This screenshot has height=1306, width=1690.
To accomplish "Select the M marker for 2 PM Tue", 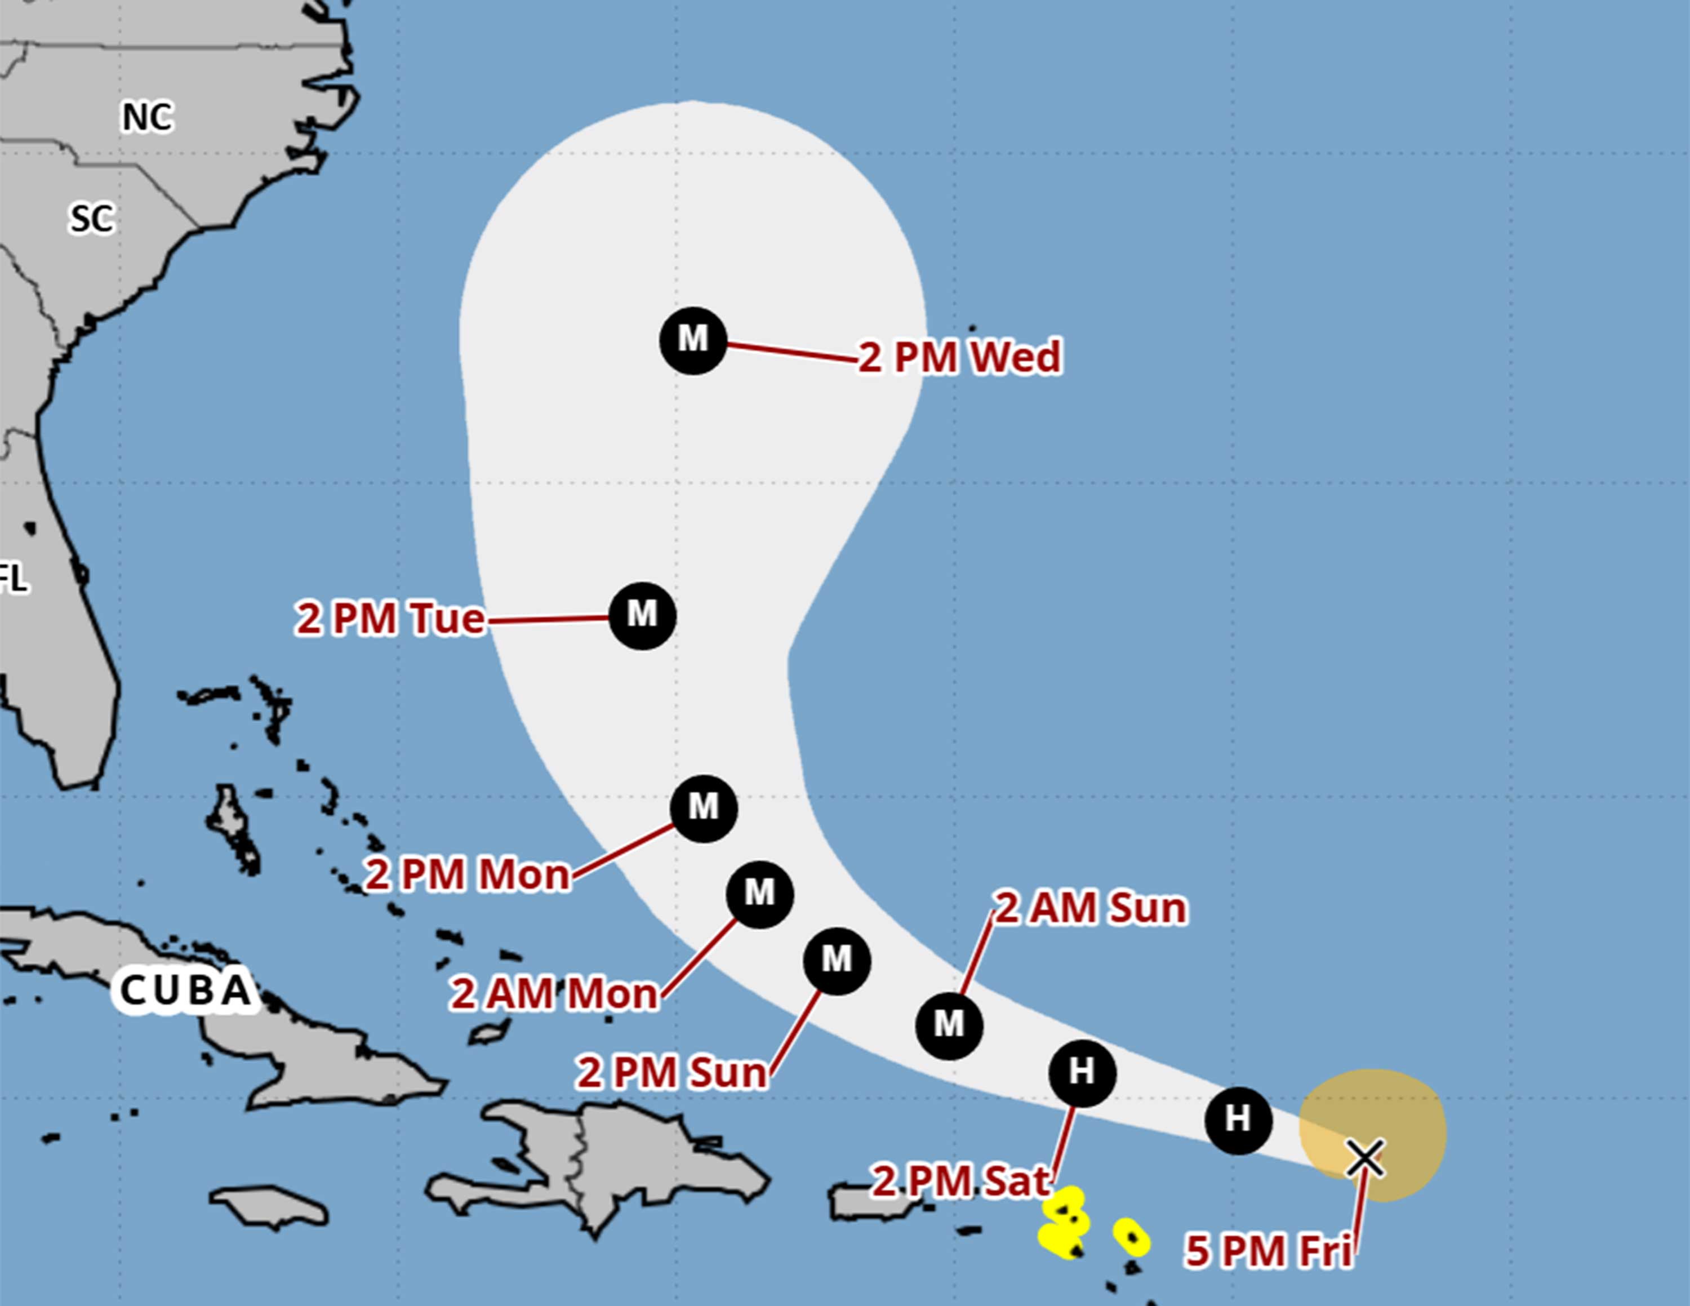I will pos(642,616).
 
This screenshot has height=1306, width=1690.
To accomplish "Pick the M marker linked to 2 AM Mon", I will pos(760,894).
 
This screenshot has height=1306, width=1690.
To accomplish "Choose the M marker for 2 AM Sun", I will pos(949,1026).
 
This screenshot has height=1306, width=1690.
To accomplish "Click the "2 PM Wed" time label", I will pos(959,357).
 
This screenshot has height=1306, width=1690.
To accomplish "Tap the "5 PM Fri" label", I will pos(1269,1251).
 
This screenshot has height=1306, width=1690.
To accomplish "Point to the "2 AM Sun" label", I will pos(1089,908).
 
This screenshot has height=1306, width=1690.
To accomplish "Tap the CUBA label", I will pos(186,989).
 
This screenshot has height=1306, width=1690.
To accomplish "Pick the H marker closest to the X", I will pos(1238,1120).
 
